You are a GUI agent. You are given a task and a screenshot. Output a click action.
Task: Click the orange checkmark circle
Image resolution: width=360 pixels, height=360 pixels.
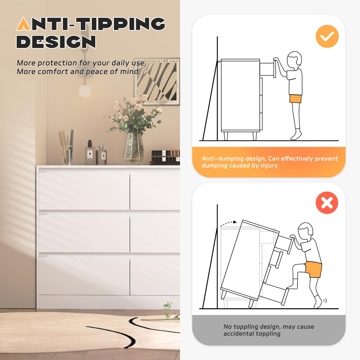327,36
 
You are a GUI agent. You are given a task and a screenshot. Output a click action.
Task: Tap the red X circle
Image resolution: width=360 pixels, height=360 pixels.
327,203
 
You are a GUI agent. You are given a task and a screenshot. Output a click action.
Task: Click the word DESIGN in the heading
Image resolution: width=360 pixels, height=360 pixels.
56,42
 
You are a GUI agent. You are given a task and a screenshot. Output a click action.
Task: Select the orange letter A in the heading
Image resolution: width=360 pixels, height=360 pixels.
23,24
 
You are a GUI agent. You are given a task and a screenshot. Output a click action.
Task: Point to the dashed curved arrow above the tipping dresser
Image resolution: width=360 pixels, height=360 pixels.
228,223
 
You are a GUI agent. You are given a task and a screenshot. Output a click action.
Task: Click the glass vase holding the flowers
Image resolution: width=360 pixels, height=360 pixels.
135,149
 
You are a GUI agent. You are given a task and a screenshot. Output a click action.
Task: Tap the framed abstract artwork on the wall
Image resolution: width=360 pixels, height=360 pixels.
157,82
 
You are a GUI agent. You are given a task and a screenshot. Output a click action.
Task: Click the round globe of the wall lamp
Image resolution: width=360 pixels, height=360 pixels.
85,91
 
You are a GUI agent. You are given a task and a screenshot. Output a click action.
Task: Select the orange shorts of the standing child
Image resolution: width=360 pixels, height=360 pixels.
295,99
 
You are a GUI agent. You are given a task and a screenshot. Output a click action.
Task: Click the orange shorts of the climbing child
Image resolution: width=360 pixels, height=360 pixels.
313,269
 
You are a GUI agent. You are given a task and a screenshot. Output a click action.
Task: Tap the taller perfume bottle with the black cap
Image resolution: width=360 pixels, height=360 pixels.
90,152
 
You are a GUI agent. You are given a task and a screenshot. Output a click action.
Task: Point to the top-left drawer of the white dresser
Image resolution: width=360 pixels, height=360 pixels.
84,191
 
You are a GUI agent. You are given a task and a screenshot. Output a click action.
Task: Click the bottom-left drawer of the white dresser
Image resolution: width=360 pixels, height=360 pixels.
84,276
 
